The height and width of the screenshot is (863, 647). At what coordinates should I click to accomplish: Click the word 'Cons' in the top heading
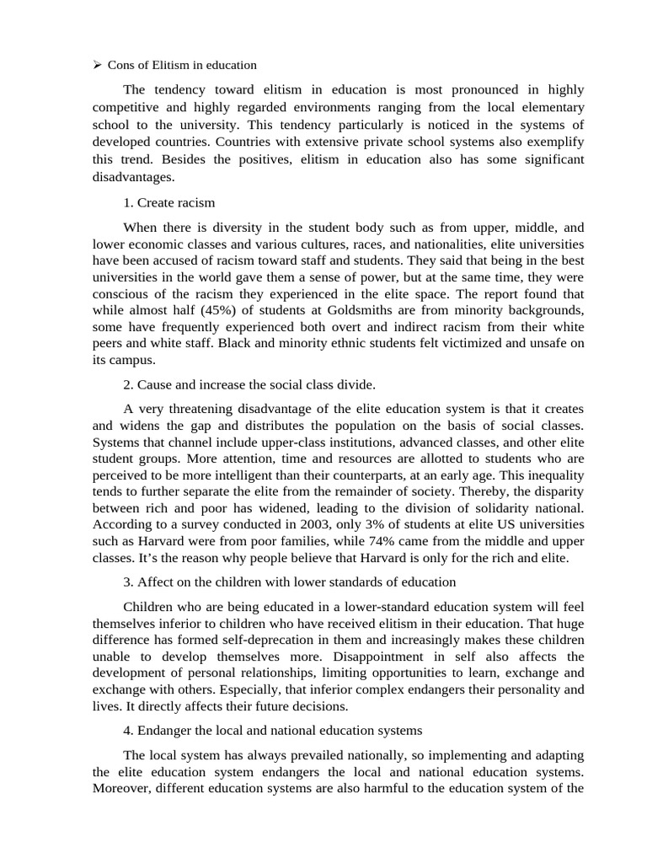123,65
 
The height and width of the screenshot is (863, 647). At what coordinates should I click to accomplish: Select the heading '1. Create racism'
168,202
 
